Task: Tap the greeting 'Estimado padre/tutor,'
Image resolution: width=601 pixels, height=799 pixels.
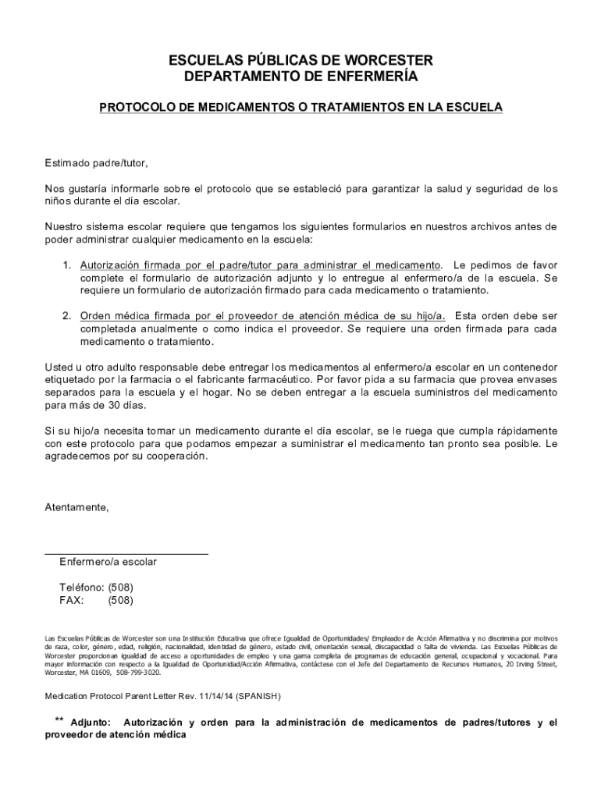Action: [96, 163]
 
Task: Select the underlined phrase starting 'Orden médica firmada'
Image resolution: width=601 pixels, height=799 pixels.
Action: [263, 315]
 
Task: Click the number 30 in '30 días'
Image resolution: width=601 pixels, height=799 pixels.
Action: [111, 406]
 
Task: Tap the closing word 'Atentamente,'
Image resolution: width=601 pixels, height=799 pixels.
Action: [76, 507]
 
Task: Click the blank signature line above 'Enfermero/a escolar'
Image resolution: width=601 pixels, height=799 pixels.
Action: [126, 553]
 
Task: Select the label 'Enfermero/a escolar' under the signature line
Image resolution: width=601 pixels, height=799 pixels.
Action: [108, 562]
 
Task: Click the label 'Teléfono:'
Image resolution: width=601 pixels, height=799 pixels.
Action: [82, 587]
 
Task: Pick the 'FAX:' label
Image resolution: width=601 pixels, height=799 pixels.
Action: [72, 601]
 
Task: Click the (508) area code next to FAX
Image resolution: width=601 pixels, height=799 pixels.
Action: [120, 601]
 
